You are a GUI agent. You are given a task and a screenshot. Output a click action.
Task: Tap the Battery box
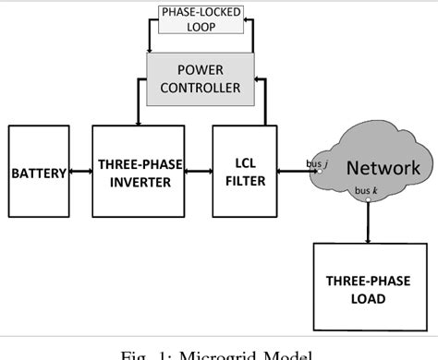coord(40,173)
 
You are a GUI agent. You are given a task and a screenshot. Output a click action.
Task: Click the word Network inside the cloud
coord(382,167)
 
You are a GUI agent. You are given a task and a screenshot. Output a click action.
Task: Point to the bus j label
coord(314,163)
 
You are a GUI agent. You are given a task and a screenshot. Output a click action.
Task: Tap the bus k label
coord(361,190)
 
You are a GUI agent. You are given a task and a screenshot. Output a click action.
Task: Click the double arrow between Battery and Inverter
coord(79,173)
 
